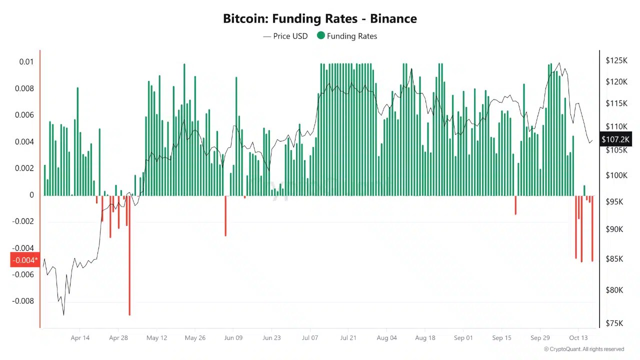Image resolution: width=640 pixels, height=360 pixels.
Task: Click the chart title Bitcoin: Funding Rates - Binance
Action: (319, 19)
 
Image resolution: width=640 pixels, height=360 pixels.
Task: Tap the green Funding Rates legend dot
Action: (321, 35)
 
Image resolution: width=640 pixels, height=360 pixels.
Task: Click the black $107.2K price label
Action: (615, 139)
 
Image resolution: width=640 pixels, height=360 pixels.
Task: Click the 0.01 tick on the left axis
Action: (26, 62)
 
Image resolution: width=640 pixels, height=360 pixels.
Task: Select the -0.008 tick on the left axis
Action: (23, 301)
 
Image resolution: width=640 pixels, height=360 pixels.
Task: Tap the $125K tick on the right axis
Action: (616, 60)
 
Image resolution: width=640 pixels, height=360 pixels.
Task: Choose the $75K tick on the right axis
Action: (614, 323)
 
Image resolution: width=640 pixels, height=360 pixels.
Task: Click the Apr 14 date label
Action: (80, 338)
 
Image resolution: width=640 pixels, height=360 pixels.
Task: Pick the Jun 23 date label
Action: (271, 338)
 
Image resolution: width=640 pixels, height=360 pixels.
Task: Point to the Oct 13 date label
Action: (578, 338)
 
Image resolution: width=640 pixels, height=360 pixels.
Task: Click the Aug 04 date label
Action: (386, 338)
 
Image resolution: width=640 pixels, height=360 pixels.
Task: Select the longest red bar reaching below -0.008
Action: (129, 255)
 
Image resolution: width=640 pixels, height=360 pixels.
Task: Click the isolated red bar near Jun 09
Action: (225, 215)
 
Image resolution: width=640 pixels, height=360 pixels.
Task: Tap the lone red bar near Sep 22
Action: (515, 205)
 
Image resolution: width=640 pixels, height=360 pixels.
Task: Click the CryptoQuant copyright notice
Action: (584, 349)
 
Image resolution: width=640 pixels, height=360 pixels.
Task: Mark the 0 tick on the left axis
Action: (31, 195)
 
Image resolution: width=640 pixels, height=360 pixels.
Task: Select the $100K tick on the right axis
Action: (616, 175)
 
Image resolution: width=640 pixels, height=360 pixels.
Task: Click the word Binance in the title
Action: (393, 19)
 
